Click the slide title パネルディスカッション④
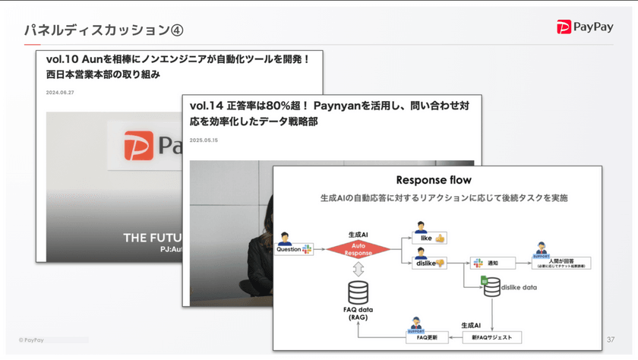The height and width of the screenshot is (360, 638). tap(103, 30)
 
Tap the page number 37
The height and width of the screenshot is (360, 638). tap(611, 339)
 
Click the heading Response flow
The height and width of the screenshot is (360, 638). tap(434, 180)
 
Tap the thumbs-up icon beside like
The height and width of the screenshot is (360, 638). tap(440, 238)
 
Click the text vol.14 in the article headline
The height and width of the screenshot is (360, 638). tap(207, 105)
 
